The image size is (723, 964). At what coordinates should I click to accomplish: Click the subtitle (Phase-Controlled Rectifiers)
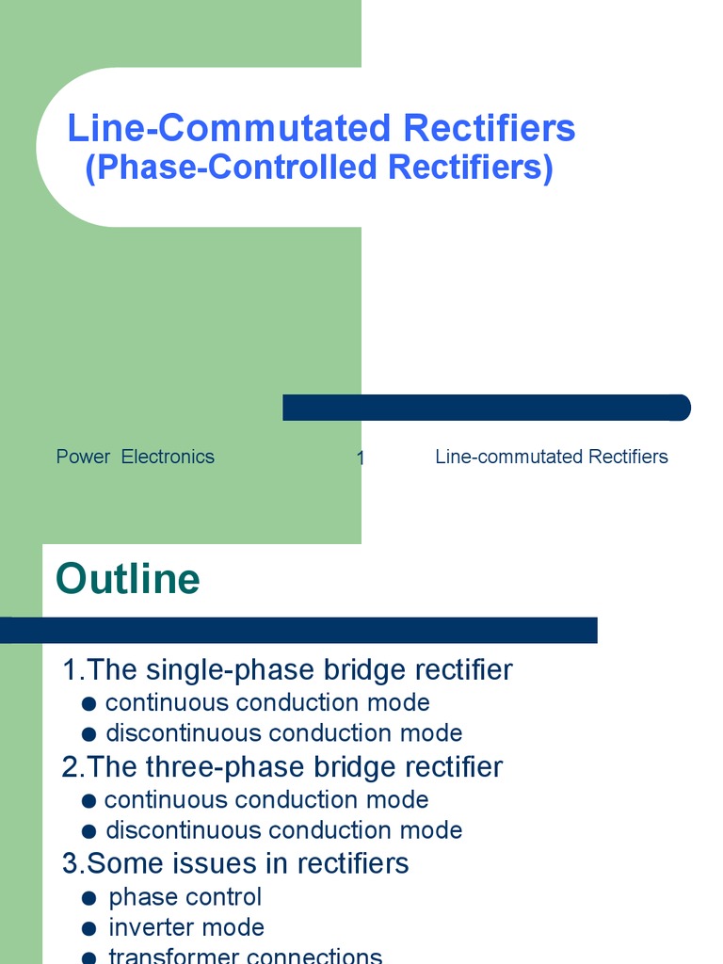[319, 168]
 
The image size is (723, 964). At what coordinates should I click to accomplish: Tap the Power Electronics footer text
[135, 457]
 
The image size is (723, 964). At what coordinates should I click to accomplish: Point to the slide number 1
[361, 458]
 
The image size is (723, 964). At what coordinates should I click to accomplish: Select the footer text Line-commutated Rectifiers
[551, 457]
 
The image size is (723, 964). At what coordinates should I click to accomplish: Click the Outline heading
[128, 579]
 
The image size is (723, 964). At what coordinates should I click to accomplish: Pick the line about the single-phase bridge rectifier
[287, 670]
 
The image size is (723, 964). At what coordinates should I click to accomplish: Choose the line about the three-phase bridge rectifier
[282, 767]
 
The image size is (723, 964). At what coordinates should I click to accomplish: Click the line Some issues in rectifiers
[235, 863]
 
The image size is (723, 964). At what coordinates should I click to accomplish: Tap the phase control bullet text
[185, 897]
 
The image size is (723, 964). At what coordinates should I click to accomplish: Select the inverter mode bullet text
[185, 928]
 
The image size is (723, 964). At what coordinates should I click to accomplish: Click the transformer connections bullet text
[245, 956]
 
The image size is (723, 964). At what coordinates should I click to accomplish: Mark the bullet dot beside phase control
[89, 898]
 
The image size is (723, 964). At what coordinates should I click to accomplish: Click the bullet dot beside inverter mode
[89, 929]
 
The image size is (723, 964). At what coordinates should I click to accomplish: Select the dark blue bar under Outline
[298, 630]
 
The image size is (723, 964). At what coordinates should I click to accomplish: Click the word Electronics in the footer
[168, 457]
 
